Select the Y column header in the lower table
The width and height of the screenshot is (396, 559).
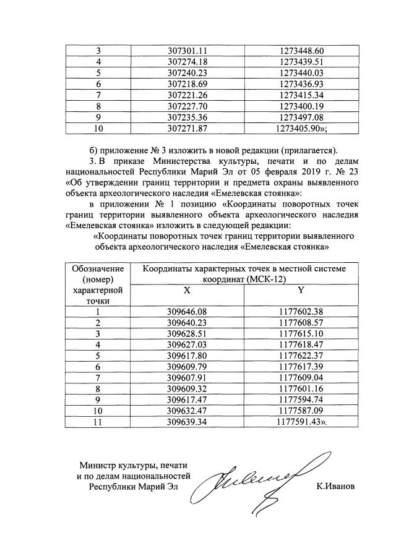tap(300, 289)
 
